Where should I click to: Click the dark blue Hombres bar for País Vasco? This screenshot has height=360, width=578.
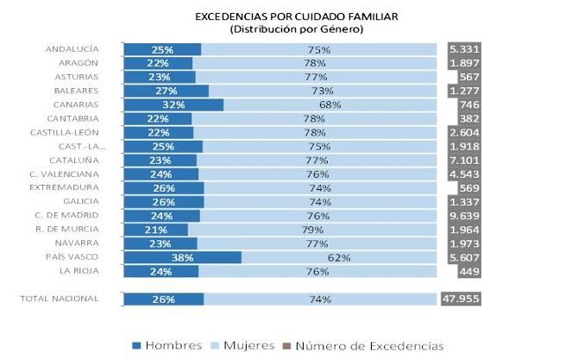182,257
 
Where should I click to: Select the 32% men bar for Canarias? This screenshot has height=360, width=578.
173,104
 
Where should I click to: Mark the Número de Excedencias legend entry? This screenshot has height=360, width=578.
363,345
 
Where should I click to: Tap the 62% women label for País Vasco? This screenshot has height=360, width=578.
330,257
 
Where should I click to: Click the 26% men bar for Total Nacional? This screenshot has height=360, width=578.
164,300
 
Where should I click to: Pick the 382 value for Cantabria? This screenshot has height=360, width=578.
469,118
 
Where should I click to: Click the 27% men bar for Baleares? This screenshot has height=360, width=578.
166,91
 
